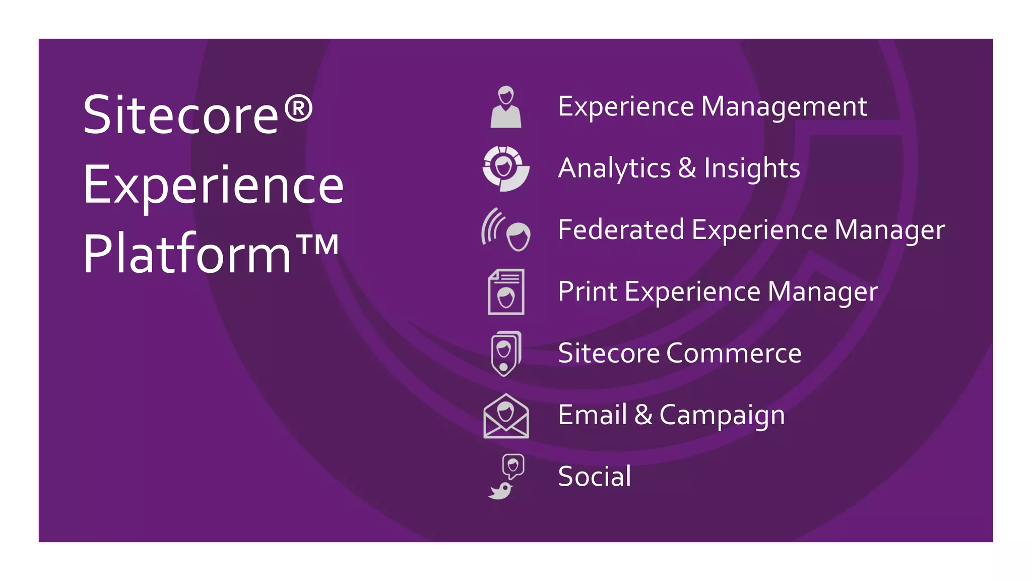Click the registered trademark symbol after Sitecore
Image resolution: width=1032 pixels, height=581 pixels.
[x=298, y=109]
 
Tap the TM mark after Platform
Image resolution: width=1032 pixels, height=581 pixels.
[x=317, y=245]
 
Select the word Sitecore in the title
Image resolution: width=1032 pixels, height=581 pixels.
[x=181, y=115]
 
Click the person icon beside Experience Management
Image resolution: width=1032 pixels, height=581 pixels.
[x=505, y=107]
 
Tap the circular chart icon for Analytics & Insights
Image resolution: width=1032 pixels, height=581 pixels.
[x=505, y=168]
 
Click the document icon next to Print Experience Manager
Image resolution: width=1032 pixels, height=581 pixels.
[x=506, y=292]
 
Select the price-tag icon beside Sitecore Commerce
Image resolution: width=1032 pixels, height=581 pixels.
[x=505, y=354]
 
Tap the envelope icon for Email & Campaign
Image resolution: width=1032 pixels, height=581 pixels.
[x=506, y=416]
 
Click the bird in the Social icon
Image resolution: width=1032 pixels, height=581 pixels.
[x=500, y=490]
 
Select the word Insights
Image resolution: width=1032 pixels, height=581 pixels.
[x=752, y=169]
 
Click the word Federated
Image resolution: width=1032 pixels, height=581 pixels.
[x=621, y=230]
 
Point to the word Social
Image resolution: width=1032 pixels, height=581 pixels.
[x=595, y=477]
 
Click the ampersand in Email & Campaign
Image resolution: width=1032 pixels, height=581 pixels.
[x=643, y=415]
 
